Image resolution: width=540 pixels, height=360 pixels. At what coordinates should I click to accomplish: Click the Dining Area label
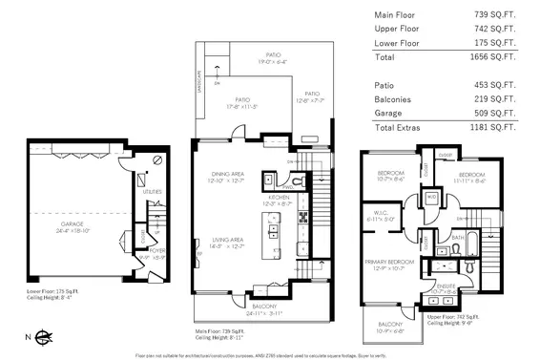point(228,174)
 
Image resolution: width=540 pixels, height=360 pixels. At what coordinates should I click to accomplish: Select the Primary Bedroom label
point(390,261)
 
